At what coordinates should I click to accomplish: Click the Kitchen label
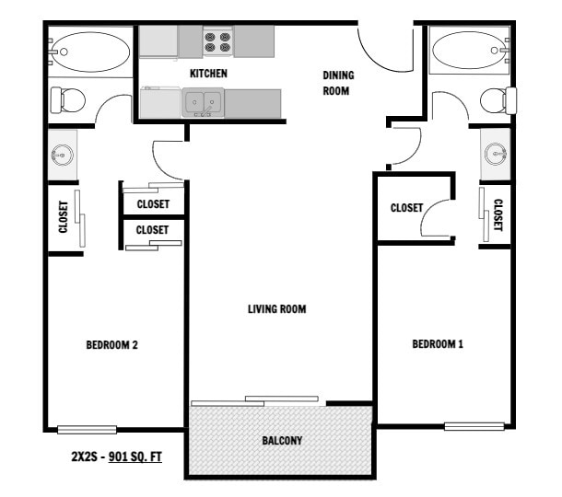pyautogui.click(x=208, y=73)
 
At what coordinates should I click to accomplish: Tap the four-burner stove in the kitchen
pyautogui.click(x=217, y=41)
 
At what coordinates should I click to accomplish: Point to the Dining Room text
pyautogui.click(x=338, y=83)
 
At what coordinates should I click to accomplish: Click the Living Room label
pyautogui.click(x=276, y=309)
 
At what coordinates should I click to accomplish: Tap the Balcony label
pyautogui.click(x=281, y=441)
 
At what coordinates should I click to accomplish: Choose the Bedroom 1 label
pyautogui.click(x=437, y=344)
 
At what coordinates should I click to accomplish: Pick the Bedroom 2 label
pyautogui.click(x=111, y=345)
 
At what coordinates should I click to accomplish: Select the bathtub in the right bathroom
pyautogui.click(x=468, y=50)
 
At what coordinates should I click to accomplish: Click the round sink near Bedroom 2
pyautogui.click(x=63, y=155)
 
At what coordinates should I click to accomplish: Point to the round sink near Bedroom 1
pyautogui.click(x=496, y=152)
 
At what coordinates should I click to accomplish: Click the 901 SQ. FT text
pyautogui.click(x=135, y=456)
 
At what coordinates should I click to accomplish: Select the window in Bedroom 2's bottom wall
pyautogui.click(x=87, y=429)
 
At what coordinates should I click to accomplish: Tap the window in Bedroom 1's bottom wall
pyautogui.click(x=474, y=426)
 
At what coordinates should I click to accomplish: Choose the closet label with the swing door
pyautogui.click(x=405, y=208)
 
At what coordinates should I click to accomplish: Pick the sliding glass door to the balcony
pyautogui.click(x=256, y=401)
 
